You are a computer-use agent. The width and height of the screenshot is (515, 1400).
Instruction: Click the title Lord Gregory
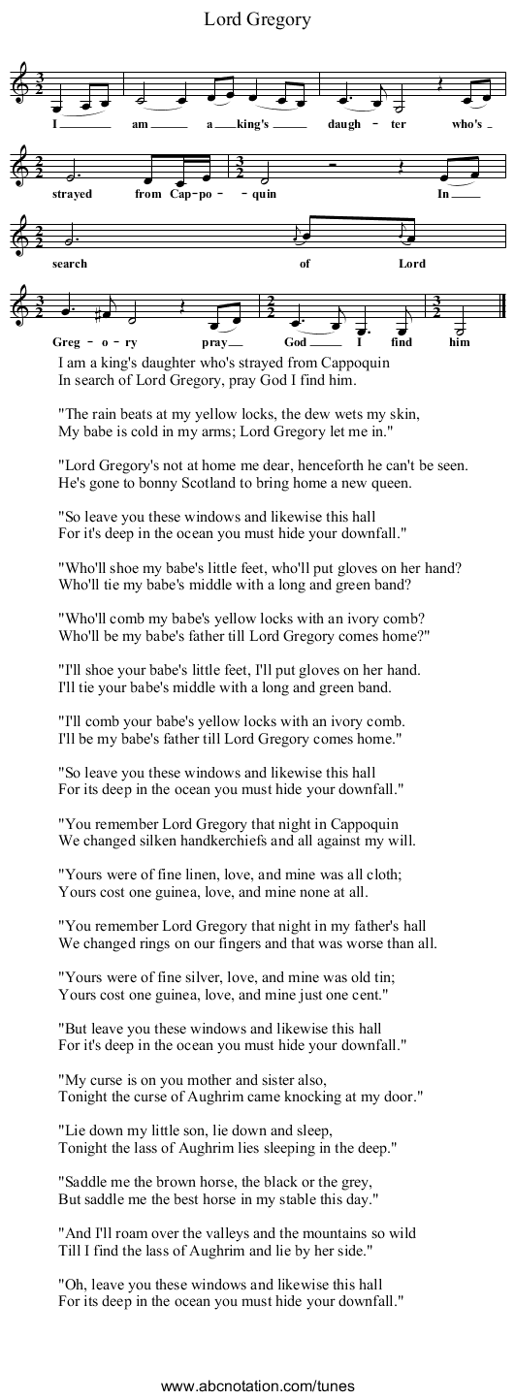click(x=257, y=18)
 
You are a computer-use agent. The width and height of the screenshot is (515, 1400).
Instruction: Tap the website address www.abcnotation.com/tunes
click(x=257, y=1385)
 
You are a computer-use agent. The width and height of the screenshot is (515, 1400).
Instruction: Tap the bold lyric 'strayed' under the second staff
click(x=73, y=194)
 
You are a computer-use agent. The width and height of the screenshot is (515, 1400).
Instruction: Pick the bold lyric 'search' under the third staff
click(x=70, y=264)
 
